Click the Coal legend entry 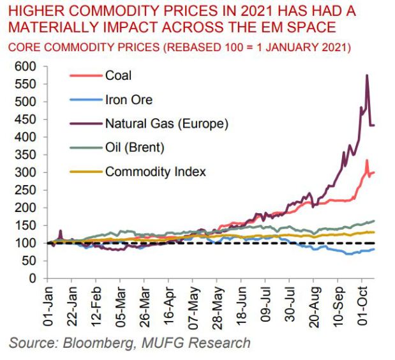[118, 75]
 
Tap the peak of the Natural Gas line [367, 75]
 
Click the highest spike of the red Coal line [367, 160]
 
